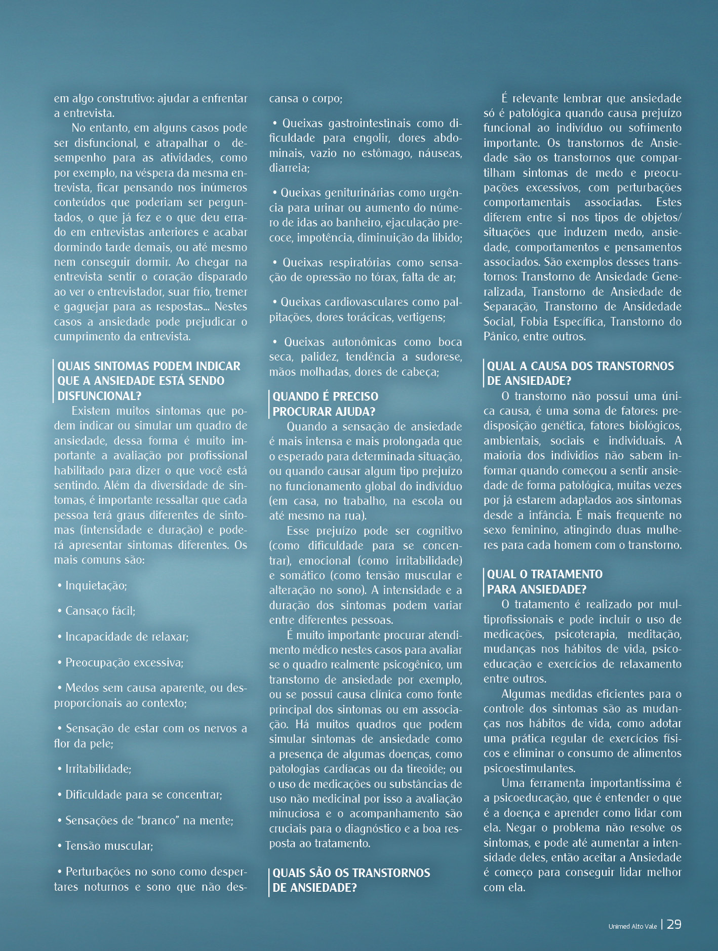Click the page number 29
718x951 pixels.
pos(674,924)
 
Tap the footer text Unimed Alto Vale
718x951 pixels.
pos(632,926)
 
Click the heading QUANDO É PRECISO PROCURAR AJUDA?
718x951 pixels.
pos(325,404)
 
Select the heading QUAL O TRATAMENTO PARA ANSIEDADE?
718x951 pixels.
pos(544,581)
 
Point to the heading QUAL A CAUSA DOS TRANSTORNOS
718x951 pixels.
pos(580,366)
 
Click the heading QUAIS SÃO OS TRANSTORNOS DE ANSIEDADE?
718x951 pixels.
pos(351,880)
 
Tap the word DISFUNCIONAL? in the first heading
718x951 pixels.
pos(99,395)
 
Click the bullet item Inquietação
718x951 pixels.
pos(96,585)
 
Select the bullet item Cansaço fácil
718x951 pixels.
pos(100,611)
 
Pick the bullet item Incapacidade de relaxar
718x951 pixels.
pos(127,637)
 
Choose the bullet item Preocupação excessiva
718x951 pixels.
pos(124,662)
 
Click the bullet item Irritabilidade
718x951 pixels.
pos(98,769)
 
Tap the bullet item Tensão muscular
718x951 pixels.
pos(109,846)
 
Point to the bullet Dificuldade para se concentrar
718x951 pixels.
pos(143,795)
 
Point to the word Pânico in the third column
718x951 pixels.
pos(499,336)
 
